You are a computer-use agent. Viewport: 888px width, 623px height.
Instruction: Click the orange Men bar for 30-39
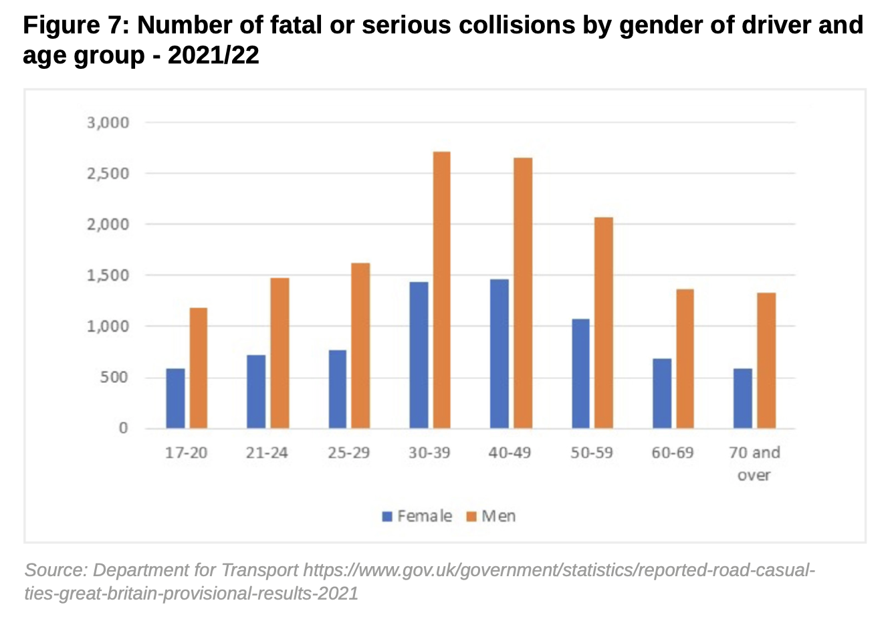[441, 290]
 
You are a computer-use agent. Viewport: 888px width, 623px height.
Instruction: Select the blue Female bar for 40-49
[499, 354]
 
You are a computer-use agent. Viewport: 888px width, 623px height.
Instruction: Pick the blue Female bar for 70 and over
[742, 398]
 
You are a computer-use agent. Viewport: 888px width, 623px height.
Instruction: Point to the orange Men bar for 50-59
[604, 323]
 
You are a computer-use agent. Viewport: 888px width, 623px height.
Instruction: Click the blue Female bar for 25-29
[338, 389]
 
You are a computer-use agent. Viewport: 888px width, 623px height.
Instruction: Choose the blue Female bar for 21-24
[256, 392]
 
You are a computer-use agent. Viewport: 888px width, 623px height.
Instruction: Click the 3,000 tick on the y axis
[108, 123]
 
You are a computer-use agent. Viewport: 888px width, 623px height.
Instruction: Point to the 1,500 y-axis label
[108, 275]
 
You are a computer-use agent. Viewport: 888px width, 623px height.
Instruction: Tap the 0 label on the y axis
[123, 428]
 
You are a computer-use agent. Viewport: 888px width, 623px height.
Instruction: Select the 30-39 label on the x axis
[429, 453]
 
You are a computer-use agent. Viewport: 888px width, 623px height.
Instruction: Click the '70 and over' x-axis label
[754, 464]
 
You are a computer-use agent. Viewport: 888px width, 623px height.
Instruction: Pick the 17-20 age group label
[187, 453]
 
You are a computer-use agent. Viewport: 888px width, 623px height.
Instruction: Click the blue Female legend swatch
[387, 517]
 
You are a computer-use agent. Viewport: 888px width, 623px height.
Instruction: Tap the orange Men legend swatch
[471, 517]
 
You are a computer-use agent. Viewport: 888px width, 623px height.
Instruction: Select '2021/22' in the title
[213, 55]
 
